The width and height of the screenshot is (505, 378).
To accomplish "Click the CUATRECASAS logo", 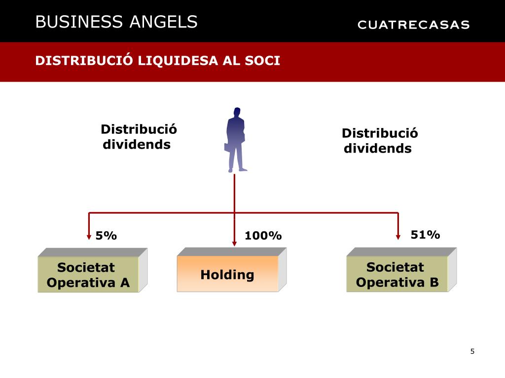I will (413, 25).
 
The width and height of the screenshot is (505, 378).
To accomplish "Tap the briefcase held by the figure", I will (227, 147).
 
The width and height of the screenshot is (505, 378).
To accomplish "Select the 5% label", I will (106, 236).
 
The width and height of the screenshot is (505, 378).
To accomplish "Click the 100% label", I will (263, 236).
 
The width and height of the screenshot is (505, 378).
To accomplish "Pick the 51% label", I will (425, 235).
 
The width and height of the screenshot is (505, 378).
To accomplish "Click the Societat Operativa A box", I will (88, 275).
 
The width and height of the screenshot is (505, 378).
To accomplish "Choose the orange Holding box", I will (227, 274).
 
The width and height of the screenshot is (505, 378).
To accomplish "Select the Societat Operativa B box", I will (397, 275).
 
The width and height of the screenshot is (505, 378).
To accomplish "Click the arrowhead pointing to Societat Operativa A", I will (89, 237).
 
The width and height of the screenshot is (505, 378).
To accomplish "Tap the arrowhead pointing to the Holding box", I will (234, 243).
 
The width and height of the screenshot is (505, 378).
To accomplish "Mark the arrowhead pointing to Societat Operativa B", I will (398, 237).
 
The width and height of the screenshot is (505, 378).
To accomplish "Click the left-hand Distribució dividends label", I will (138, 137).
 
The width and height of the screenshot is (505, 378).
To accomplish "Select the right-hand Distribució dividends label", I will (379, 141).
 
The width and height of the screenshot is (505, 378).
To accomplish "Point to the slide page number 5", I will (472, 351).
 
